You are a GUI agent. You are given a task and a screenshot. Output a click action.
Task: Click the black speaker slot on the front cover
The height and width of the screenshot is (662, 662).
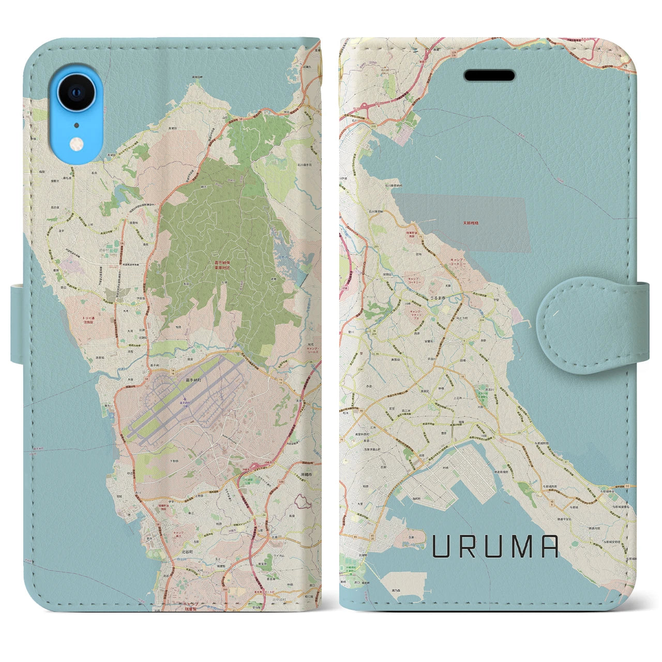489,76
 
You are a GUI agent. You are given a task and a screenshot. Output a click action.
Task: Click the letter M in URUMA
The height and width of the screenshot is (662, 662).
519,547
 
